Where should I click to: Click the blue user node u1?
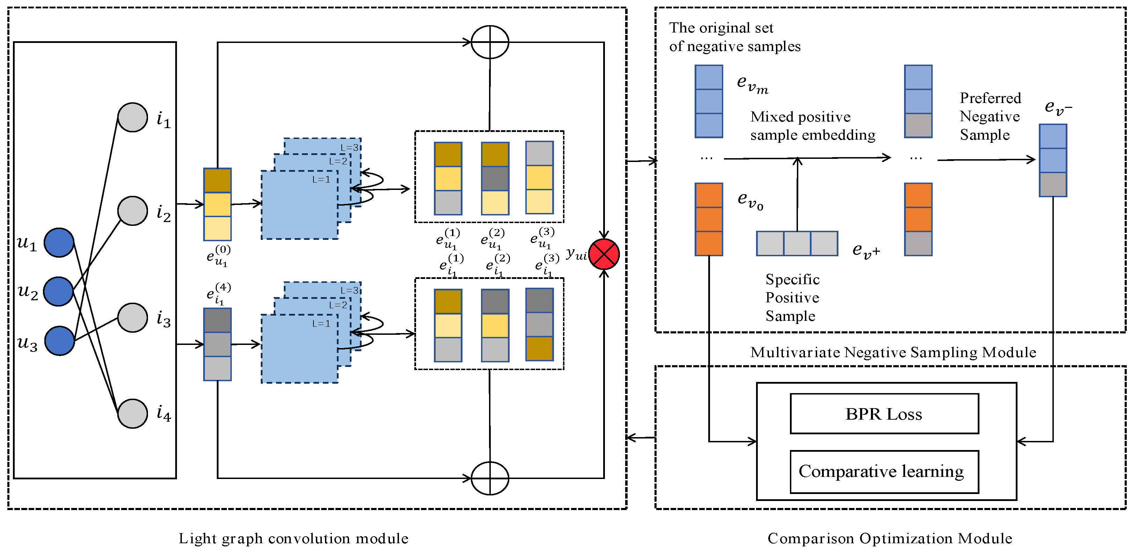pyautogui.click(x=59, y=243)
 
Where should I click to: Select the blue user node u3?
pyautogui.click(x=59, y=341)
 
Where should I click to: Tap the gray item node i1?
pyautogui.click(x=133, y=117)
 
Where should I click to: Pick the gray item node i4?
pyautogui.click(x=133, y=413)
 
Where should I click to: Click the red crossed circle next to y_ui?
pyautogui.click(x=604, y=255)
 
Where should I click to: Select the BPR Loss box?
pyautogui.click(x=884, y=414)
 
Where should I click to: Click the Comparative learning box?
pyautogui.click(x=884, y=472)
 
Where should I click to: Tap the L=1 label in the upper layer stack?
pyautogui.click(x=321, y=179)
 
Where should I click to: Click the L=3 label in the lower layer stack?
pyautogui.click(x=350, y=290)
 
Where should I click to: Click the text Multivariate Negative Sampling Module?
pyautogui.click(x=893, y=352)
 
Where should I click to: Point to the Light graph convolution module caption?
pyautogui.click(x=293, y=538)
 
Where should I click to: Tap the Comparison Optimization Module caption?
pyautogui.click(x=890, y=538)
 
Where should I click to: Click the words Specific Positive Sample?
pyautogui.click(x=792, y=297)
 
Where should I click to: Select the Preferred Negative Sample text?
pyautogui.click(x=990, y=117)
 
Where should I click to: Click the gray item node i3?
pyautogui.click(x=133, y=317)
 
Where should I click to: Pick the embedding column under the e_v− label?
pyautogui.click(x=1052, y=161)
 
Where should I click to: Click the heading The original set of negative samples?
pyautogui.click(x=734, y=37)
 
